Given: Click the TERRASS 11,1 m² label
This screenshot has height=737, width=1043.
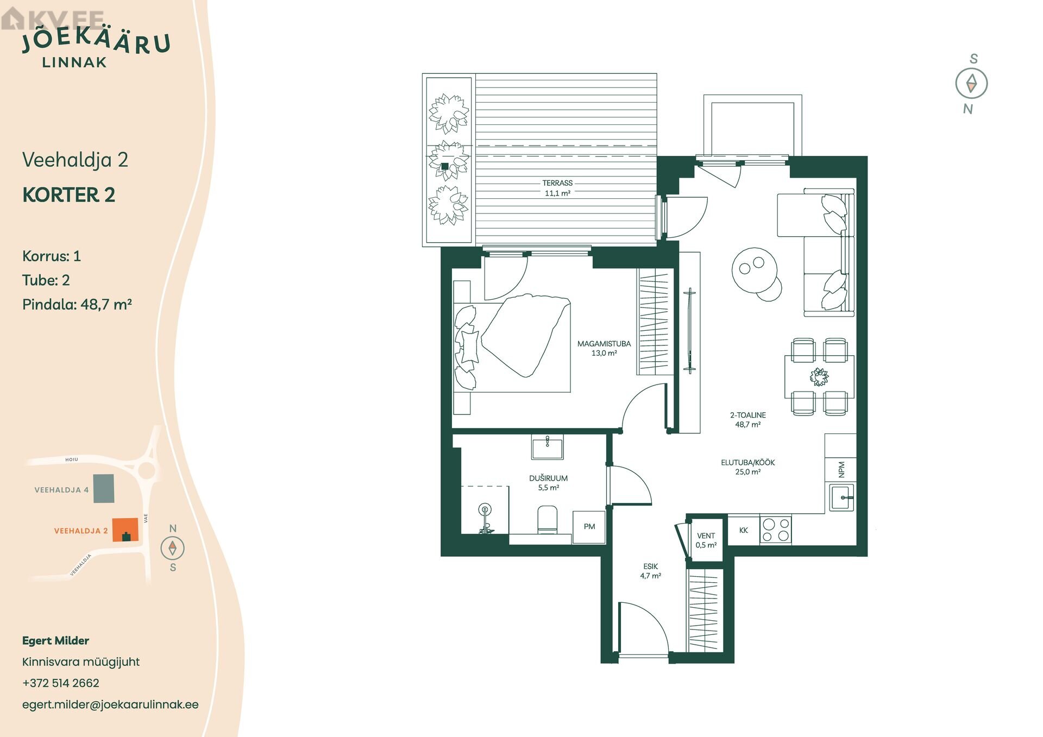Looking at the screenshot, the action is pos(557,188).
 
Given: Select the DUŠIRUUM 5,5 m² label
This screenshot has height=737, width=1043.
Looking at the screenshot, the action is pos(549,483).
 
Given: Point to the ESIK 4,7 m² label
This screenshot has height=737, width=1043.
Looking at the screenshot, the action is pos(650,571).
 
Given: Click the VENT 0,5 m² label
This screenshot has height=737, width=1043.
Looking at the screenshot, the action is pos(706,540).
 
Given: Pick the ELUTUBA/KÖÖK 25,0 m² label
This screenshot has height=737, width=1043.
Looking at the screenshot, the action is pos(748,467).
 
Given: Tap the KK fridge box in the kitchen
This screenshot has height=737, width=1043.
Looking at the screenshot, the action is pos(744,530).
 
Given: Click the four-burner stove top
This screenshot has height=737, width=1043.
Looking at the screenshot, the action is pos(776,530).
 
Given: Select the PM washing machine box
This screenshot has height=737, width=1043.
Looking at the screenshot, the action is pos(589,527).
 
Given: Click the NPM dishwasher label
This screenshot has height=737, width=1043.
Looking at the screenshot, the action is pos(841,469).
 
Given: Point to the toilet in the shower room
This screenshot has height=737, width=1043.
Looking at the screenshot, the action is pos(548,520).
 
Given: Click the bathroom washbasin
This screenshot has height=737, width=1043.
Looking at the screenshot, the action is pos(548,448).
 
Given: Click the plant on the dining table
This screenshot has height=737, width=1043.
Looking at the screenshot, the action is pos(819,376).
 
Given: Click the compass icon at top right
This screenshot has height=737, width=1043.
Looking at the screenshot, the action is pos(971,84).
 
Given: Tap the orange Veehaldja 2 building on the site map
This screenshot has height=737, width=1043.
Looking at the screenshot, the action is pos(125,530).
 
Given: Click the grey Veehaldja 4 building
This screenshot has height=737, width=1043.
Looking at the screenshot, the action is pos(104,488).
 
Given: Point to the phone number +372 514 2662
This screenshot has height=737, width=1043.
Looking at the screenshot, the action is pos(61,683).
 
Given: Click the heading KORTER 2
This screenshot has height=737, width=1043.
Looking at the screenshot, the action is pos(69,195).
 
